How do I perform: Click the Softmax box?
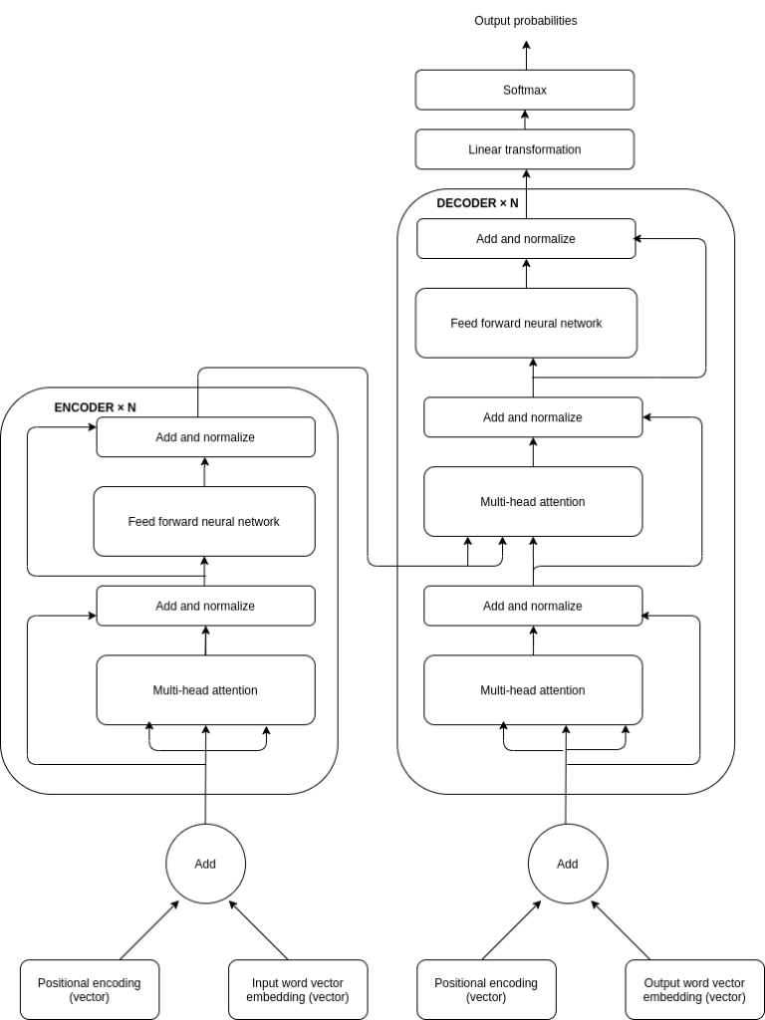coord(525,90)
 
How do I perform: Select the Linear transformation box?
coord(525,149)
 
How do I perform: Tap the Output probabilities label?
coord(525,21)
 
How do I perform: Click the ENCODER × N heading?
coord(95,407)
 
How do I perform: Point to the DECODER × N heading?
coord(477,203)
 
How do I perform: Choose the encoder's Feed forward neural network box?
coord(204,521)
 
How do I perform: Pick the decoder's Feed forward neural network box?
coord(526,323)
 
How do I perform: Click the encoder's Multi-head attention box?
coord(205,690)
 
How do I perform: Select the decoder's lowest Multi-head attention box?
coord(533,690)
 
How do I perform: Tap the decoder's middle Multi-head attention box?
coord(533,502)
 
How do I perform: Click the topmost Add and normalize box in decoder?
coord(526,239)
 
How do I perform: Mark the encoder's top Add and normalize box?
coord(205,437)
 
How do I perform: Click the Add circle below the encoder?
coord(205,864)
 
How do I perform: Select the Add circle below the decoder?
coord(567,864)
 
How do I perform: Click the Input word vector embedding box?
coord(298,989)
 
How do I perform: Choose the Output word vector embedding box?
coord(694,989)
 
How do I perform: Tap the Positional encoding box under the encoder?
coord(90,989)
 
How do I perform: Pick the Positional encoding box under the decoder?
coord(486,989)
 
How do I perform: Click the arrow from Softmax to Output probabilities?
coord(526,55)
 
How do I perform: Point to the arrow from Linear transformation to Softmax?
coord(526,120)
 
